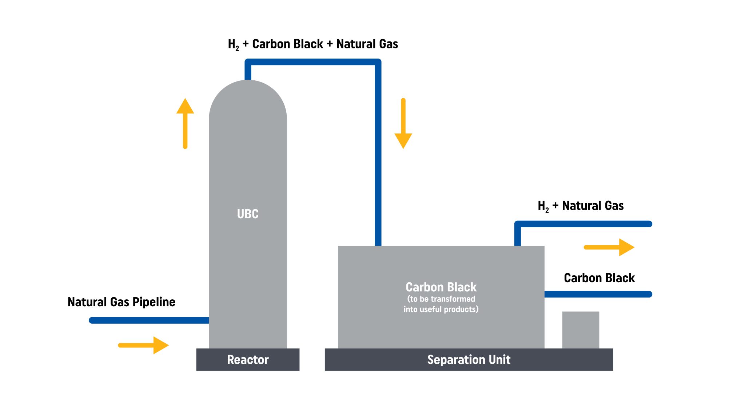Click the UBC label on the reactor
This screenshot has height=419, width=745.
click(248, 214)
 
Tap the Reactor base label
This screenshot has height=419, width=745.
click(248, 360)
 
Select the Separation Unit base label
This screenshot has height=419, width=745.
click(469, 360)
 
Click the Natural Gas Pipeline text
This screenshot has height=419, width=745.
click(121, 302)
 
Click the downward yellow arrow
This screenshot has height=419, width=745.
click(403, 124)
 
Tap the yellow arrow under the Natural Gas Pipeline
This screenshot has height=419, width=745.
click(143, 345)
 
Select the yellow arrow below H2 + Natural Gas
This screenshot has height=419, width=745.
click(609, 247)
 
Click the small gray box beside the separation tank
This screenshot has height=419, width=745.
click(581, 330)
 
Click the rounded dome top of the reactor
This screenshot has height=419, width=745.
click(248, 98)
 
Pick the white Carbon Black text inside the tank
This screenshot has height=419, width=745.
click(441, 287)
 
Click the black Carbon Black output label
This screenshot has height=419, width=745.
click(599, 278)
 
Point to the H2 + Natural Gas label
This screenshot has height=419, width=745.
click(581, 206)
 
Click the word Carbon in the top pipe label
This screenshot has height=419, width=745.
click(270, 44)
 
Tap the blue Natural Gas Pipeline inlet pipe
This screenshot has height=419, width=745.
click(149, 320)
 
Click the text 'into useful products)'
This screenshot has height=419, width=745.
click(441, 310)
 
